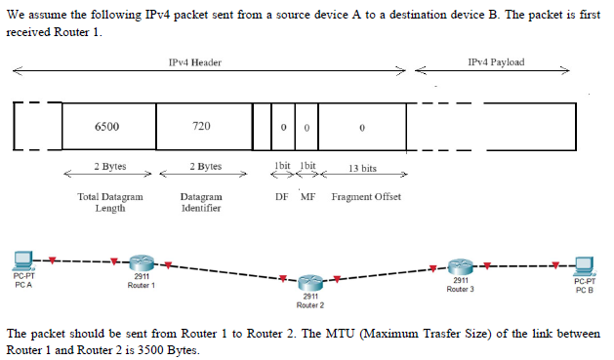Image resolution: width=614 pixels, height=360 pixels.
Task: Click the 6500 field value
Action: click(107, 127)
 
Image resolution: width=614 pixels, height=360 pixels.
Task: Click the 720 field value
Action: click(202, 127)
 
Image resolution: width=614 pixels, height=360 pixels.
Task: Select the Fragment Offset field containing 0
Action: click(361, 127)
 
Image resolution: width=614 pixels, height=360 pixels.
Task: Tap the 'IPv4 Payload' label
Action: click(496, 62)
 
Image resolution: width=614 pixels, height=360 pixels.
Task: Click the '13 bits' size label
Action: click(362, 169)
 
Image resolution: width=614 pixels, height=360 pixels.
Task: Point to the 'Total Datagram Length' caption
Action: click(109, 202)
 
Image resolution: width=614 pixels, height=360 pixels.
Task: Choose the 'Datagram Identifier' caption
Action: click(201, 202)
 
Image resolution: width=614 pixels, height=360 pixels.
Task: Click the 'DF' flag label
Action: click(282, 197)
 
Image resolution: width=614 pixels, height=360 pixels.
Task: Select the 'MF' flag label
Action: click(307, 197)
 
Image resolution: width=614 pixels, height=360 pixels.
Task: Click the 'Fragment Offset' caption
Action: click(366, 197)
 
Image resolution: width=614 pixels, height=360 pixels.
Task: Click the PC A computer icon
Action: click(24, 261)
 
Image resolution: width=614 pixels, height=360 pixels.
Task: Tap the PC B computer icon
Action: click(584, 264)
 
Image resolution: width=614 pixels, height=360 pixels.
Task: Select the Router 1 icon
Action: click(142, 263)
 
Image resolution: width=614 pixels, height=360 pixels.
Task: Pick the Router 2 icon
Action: click(310, 284)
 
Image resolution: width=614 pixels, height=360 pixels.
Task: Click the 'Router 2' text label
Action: click(310, 304)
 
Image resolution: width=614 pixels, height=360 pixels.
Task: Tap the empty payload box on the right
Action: click(530, 127)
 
